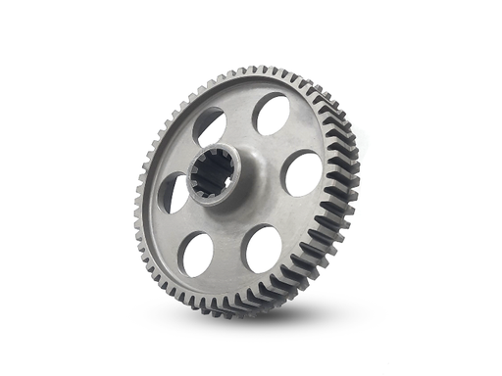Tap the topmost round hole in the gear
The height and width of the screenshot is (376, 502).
point(271,115)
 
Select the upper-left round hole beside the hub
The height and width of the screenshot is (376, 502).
point(209,126)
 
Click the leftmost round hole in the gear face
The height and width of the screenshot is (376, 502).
point(174,192)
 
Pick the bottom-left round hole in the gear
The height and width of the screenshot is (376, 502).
point(198,254)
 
